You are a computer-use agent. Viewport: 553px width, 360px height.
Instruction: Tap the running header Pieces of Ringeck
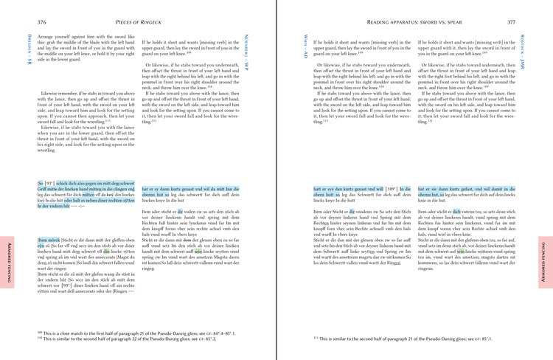(x=141, y=23)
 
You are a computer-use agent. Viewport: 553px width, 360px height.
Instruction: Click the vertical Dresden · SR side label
(x=29, y=50)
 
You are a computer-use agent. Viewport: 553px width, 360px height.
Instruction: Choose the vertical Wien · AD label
(x=306, y=46)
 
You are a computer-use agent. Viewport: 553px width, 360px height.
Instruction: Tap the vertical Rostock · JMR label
(x=521, y=52)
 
